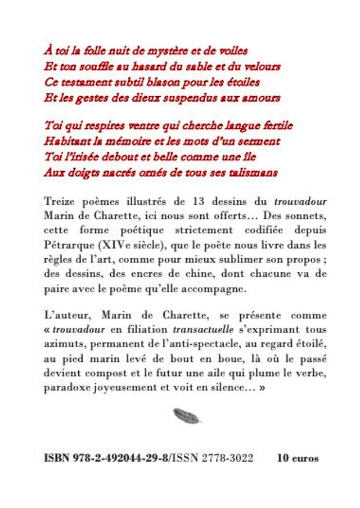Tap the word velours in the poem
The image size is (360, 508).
point(262,67)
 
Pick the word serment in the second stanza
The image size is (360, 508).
point(259,141)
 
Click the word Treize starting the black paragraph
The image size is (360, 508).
point(58,201)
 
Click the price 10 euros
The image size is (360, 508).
point(297,458)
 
